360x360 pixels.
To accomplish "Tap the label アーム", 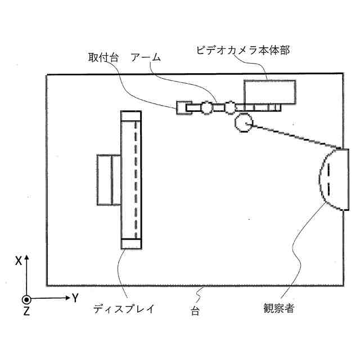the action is pos(146,57).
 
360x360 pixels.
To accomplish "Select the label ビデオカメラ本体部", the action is pos(242,50).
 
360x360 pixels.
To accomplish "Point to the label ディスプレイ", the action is pos(123,309).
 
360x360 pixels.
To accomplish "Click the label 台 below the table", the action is pos(195,310).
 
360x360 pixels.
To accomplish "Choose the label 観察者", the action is pos(278,308).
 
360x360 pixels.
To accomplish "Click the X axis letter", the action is pos(19,261).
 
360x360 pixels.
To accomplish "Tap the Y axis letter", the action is pos(74,298).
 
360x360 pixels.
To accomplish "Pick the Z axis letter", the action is pos(26,312).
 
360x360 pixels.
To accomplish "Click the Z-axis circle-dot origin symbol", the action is pos(26,299).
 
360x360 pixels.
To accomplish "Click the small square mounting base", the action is pos(183,107).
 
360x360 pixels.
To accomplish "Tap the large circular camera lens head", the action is pos(244,121).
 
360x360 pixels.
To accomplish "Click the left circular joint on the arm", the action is pos(207,107).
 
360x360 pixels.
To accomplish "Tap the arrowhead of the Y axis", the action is pos(66,299).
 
